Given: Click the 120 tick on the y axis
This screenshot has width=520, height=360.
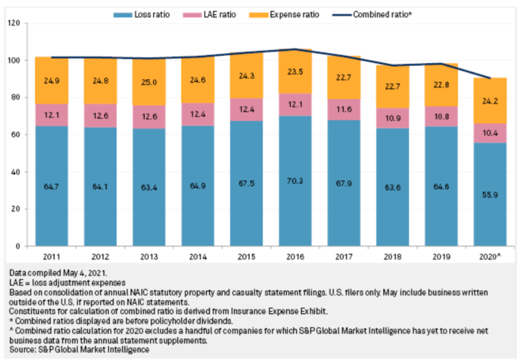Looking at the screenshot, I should [14, 23].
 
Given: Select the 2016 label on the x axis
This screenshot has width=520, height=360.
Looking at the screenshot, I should [295, 257].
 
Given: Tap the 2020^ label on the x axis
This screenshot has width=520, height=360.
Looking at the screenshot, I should [490, 257].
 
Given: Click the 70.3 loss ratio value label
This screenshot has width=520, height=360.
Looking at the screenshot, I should [295, 181].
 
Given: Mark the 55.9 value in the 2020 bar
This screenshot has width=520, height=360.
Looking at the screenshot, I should [490, 195].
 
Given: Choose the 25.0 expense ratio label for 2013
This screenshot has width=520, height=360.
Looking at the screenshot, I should [149, 82].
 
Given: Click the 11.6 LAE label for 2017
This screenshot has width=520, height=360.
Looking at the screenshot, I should [344, 109].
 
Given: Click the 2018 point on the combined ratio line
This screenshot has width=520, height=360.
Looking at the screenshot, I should [393, 65].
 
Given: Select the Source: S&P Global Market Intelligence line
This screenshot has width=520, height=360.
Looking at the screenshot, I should [79, 350].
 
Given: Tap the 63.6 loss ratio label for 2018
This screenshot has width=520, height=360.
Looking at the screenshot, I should [392, 187].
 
